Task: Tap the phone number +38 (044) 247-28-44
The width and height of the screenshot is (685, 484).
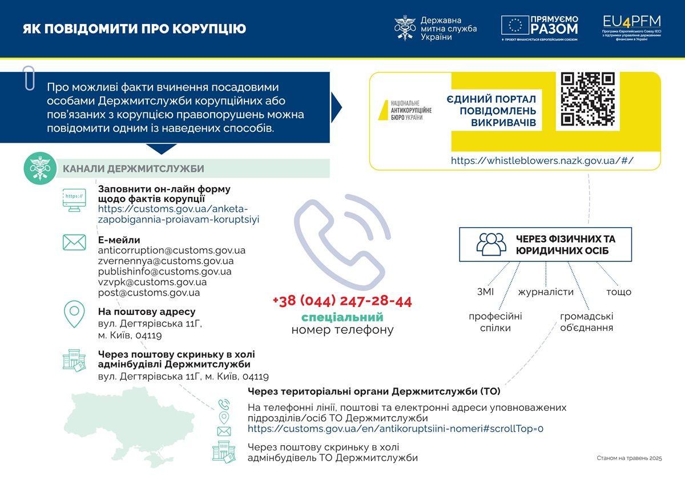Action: [342, 301]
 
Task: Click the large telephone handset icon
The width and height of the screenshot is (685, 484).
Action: [342, 242]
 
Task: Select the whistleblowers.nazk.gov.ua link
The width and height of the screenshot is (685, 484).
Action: [542, 160]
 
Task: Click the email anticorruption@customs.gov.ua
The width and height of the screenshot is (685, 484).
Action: [172, 250]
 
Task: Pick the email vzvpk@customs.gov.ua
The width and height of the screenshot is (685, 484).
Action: [152, 282]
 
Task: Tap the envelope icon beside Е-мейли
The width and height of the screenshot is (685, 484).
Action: [74, 243]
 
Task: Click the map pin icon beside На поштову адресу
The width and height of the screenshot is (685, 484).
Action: [74, 314]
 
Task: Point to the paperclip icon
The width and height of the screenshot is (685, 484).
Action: [29, 78]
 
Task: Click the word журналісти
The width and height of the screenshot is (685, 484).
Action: [546, 292]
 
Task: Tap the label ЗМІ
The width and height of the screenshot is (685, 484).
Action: [485, 292]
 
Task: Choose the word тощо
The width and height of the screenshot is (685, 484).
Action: [619, 292]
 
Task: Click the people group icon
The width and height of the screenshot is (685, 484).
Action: [491, 244]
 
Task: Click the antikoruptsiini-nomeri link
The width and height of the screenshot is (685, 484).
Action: [396, 428]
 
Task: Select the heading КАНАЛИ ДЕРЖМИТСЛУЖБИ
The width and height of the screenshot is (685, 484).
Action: [133, 168]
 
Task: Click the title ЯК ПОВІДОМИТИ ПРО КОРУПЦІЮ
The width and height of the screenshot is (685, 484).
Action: [135, 29]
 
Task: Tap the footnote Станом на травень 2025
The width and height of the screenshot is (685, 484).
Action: [629, 458]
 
